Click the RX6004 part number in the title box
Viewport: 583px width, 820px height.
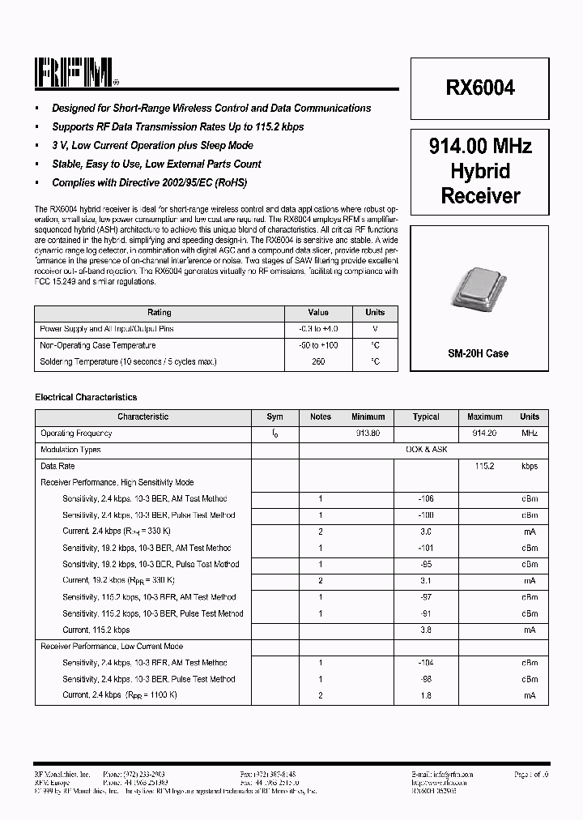480,88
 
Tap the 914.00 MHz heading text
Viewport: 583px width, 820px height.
480,147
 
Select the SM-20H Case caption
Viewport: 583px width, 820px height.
479,354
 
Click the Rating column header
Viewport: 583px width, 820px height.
159,313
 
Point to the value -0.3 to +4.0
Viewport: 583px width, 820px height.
318,329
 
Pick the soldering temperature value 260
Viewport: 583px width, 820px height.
318,362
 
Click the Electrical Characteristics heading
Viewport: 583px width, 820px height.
86,398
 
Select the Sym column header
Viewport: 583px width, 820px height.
275,416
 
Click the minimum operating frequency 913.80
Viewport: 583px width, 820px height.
368,433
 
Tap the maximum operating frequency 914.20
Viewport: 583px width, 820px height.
483,433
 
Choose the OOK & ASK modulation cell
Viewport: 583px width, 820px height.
426,450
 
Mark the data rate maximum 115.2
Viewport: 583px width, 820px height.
483,467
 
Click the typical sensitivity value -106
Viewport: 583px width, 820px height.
426,499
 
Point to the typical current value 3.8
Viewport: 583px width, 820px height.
426,630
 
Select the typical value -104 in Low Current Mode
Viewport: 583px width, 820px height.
426,663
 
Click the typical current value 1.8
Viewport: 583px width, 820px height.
426,695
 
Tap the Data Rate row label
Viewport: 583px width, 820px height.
57,467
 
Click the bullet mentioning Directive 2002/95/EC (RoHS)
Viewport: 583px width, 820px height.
149,182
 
